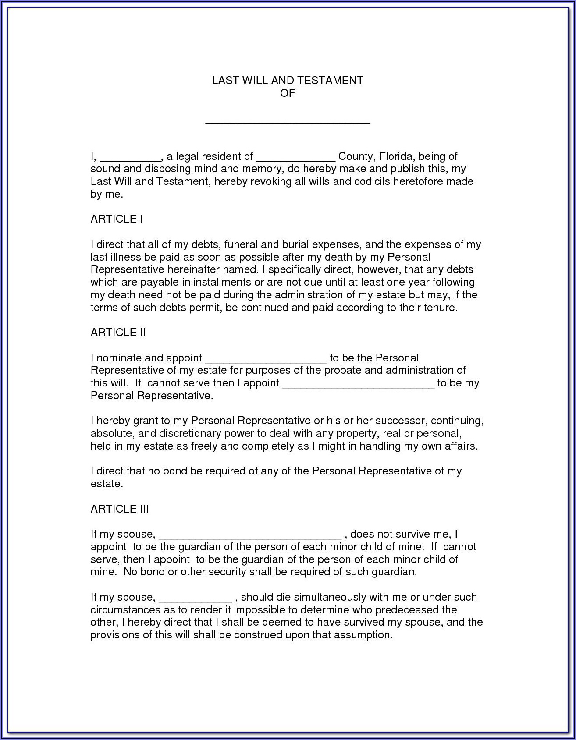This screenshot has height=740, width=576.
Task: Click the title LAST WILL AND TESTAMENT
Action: pos(288,81)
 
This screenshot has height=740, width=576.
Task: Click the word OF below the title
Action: pos(288,93)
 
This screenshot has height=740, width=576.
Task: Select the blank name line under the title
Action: pos(288,121)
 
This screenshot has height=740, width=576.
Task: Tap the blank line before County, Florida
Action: pos(295,159)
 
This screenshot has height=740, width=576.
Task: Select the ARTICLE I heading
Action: pos(117,219)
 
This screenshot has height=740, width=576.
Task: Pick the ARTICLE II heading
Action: pos(118,333)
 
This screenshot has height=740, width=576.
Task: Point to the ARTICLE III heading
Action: pos(120,509)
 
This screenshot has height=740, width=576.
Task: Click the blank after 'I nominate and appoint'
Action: pos(266,361)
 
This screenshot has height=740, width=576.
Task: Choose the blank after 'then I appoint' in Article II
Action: pos(358,386)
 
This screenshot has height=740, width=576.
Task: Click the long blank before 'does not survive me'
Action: pos(249,536)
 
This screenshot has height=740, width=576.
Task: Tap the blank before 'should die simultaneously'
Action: pos(195,599)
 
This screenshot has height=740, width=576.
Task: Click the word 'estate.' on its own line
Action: pos(107,484)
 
